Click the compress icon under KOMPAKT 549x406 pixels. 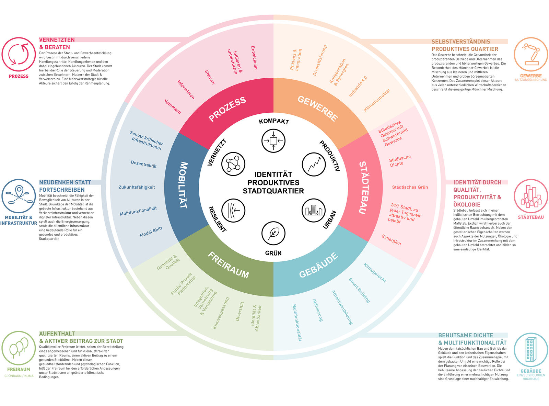click(273, 140)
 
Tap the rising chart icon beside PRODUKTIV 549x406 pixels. click(314, 164)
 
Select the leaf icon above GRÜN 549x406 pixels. click(273, 233)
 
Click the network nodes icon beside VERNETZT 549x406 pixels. click(233, 163)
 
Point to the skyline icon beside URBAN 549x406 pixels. click(313, 210)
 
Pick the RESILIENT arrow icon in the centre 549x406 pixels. click(233, 210)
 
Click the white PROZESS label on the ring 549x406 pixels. click(227, 109)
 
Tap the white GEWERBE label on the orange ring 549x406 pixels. click(318, 109)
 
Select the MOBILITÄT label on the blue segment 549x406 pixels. click(183, 185)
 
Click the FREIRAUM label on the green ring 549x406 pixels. click(229, 265)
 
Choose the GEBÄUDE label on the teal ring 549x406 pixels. click(318, 266)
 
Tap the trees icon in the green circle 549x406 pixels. click(19, 348)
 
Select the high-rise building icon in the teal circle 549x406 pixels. click(530, 349)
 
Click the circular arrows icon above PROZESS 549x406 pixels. click(19, 54)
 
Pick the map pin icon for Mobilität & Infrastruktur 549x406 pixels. click(19, 195)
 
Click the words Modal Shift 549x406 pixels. click(151, 232)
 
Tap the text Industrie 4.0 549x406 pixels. click(358, 87)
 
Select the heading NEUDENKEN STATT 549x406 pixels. click(65, 182)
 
